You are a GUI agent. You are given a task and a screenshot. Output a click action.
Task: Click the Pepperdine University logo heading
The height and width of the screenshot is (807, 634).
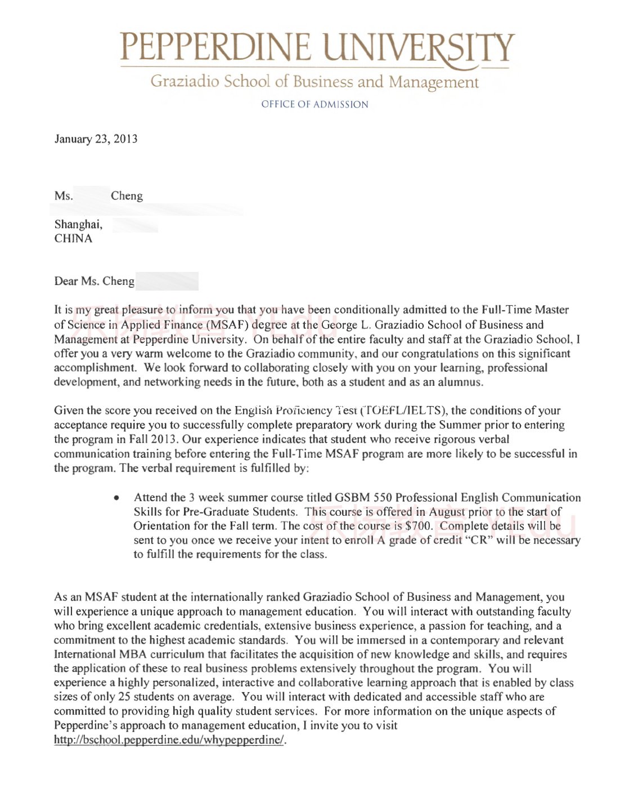(317, 47)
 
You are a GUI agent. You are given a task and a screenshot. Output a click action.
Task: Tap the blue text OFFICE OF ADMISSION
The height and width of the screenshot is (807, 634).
(314, 104)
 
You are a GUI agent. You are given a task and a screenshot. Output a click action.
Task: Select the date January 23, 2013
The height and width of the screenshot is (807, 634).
(96, 139)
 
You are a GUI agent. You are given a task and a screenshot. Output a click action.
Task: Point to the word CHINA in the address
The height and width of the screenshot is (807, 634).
(73, 238)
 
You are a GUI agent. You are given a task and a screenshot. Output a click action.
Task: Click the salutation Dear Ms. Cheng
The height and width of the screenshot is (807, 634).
(94, 281)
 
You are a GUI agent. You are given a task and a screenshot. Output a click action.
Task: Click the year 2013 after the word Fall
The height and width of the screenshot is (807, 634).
(164, 439)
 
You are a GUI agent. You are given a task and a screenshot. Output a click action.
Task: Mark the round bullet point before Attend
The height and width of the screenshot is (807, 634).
(116, 498)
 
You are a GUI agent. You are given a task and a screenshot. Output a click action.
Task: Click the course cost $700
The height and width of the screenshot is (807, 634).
(419, 526)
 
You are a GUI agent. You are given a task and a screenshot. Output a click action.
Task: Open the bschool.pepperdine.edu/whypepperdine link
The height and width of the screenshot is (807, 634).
(169, 740)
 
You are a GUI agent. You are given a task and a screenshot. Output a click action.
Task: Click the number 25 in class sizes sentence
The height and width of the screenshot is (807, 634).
(124, 697)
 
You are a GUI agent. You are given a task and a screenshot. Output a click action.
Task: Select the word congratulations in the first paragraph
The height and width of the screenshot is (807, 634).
(433, 354)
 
